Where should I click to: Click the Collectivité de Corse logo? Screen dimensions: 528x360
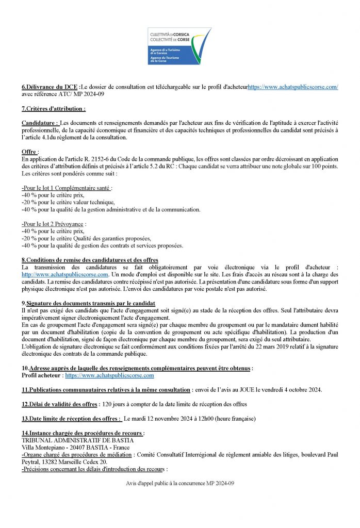click(179, 47)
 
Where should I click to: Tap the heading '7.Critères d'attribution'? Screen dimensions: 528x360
click(53, 109)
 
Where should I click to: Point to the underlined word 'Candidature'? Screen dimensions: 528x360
click(40, 124)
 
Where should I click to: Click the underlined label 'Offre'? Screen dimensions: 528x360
click(29, 152)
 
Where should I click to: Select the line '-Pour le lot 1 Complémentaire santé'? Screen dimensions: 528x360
click(67, 189)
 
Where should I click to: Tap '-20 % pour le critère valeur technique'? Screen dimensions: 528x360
click(68, 203)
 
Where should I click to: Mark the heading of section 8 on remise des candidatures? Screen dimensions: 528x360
click(90, 260)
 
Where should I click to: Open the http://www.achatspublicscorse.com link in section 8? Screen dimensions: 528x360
click(64, 275)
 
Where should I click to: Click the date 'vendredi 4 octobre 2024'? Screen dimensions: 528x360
click(291, 390)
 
